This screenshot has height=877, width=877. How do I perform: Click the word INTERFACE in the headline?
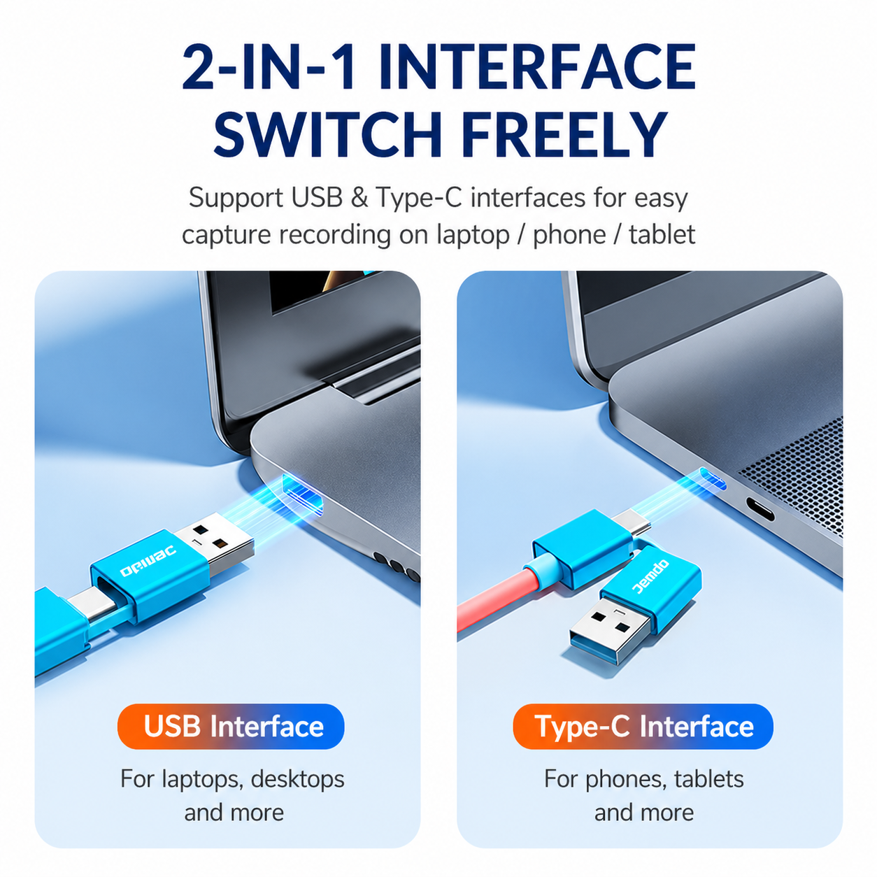[x=537, y=66]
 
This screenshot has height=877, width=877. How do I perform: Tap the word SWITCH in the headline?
[x=328, y=134]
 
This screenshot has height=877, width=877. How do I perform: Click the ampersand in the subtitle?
[x=359, y=199]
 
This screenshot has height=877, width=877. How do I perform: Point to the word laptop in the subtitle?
[x=473, y=236]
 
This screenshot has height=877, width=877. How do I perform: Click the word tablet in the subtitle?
[x=662, y=235]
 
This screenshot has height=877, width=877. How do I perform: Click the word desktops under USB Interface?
[x=298, y=780]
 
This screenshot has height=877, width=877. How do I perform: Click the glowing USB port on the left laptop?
[x=304, y=494]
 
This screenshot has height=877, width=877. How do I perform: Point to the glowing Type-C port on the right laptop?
[x=713, y=479]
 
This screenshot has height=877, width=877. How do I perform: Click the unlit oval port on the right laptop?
[x=760, y=509]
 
